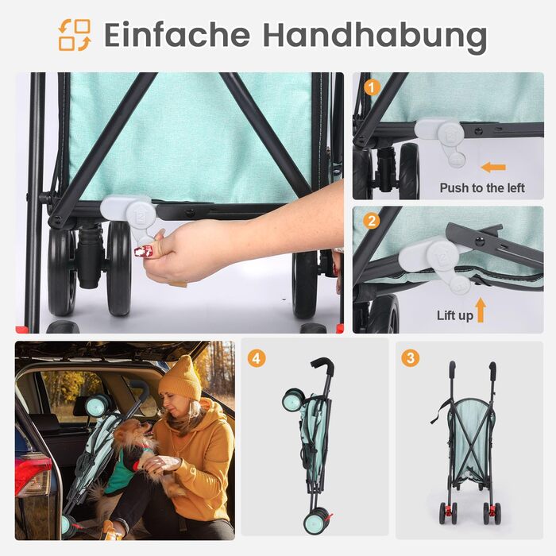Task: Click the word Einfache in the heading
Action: click(177, 35)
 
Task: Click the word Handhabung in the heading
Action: click(375, 37)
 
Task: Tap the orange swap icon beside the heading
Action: click(75, 35)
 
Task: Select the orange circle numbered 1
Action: click(372, 87)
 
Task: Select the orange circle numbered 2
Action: click(372, 221)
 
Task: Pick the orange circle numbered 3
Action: click(411, 357)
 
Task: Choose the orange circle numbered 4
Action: click(257, 358)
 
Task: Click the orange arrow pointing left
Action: click(493, 167)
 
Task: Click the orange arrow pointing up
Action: click(481, 310)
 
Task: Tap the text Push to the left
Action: click(482, 188)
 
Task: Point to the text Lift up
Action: click(455, 315)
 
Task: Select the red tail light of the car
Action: click(30, 476)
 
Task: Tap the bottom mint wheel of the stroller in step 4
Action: click(315, 520)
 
